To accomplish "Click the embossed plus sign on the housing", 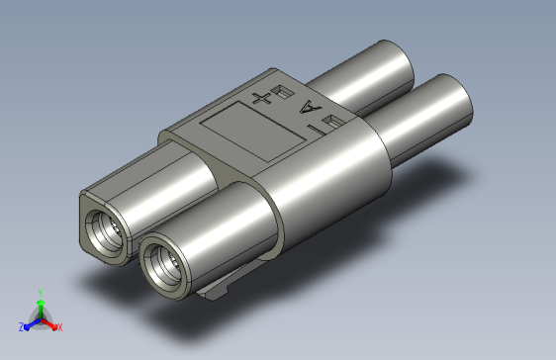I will tap(261, 97).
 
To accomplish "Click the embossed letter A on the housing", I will tap(309, 108).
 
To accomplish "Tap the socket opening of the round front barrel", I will tap(162, 263).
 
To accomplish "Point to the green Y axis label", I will tap(40, 292).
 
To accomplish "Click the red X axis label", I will tap(59, 326).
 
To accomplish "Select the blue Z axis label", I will tap(21, 326).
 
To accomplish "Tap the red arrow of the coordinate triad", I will tap(49, 323).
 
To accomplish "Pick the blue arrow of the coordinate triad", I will tap(30, 323).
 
